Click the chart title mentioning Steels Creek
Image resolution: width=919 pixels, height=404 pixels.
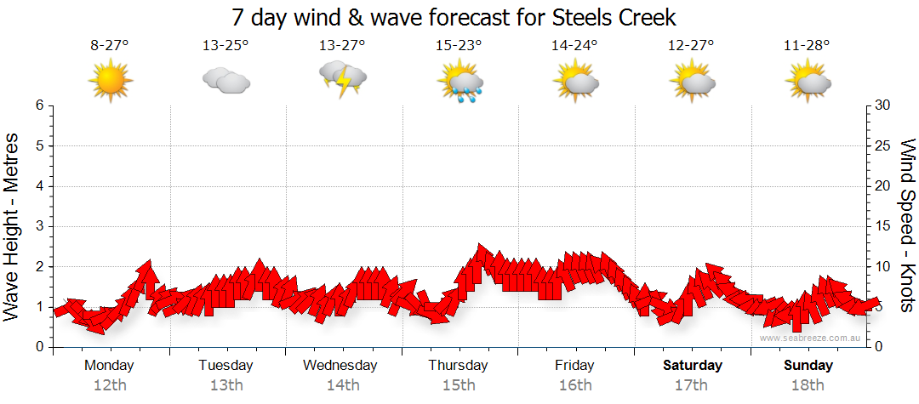(454, 18)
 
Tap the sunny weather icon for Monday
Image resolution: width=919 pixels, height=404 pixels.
(111, 81)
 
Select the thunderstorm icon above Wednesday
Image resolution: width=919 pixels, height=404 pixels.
(342, 79)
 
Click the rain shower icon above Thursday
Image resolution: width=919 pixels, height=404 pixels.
(459, 82)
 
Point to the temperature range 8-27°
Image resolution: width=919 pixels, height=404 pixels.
(110, 46)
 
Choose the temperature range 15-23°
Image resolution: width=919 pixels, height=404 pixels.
(459, 46)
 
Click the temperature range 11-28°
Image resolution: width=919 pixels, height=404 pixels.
(807, 46)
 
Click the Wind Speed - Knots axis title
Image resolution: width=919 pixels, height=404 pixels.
(907, 225)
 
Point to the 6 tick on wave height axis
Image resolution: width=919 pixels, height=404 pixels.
(39, 105)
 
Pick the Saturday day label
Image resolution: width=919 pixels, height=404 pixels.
(692, 366)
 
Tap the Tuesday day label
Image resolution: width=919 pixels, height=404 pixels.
(225, 366)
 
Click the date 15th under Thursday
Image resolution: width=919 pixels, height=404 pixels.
(459, 385)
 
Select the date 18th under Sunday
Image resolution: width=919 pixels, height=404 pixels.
(808, 385)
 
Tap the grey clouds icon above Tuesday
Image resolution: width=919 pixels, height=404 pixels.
(226, 81)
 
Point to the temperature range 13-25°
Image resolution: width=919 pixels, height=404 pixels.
(225, 46)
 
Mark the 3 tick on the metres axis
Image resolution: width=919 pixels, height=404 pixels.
(39, 226)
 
